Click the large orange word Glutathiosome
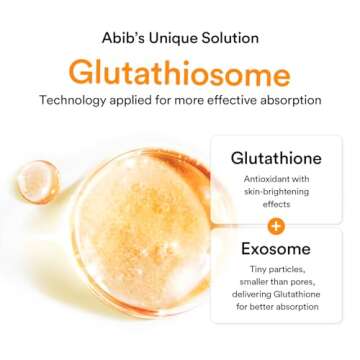180,73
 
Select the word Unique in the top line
171,38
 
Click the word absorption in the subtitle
288,100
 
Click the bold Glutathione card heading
275,159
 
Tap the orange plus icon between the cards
276,227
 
